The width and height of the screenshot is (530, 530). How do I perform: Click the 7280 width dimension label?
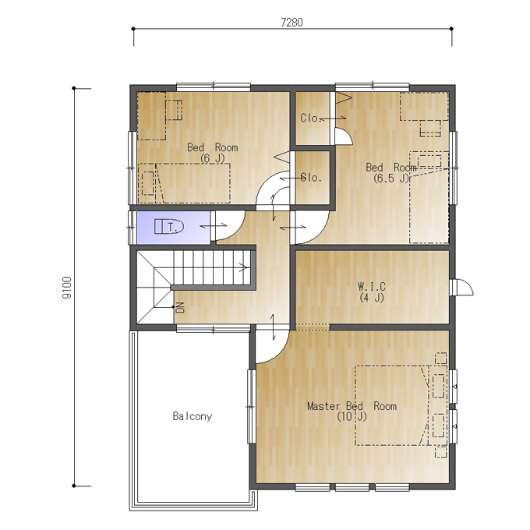pyautogui.click(x=291, y=23)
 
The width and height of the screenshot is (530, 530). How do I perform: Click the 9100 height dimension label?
pyautogui.click(x=67, y=288)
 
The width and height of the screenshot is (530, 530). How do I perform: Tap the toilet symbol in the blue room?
pyautogui.click(x=168, y=227)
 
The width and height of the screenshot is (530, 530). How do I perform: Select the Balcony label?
pyautogui.click(x=193, y=416)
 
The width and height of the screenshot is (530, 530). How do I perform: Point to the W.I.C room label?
pyautogui.click(x=372, y=287)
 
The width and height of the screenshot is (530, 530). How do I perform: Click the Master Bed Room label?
pyautogui.click(x=352, y=406)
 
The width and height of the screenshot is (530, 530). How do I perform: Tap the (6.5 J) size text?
pyautogui.click(x=391, y=178)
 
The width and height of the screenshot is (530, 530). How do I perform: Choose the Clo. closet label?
pyautogui.click(x=309, y=118)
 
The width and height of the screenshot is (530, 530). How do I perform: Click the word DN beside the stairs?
pyautogui.click(x=180, y=307)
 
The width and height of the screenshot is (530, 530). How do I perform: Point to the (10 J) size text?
pyautogui.click(x=352, y=417)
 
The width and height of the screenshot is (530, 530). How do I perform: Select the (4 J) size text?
pyautogui.click(x=372, y=298)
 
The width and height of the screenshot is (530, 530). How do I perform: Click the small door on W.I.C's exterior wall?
pyautogui.click(x=462, y=288)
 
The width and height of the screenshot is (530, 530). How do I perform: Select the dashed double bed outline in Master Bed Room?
pyautogui.click(x=392, y=405)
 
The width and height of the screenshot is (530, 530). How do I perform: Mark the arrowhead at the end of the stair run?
pyautogui.click(x=244, y=267)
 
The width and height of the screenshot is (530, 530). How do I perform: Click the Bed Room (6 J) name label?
pyautogui.click(x=212, y=147)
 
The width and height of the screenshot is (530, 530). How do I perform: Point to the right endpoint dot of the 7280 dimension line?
pyautogui.click(x=451, y=29)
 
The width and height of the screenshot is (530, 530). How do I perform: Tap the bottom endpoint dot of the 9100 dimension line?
pyautogui.click(x=74, y=486)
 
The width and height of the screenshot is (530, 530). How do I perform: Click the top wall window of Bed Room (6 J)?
pyautogui.click(x=214, y=87)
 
